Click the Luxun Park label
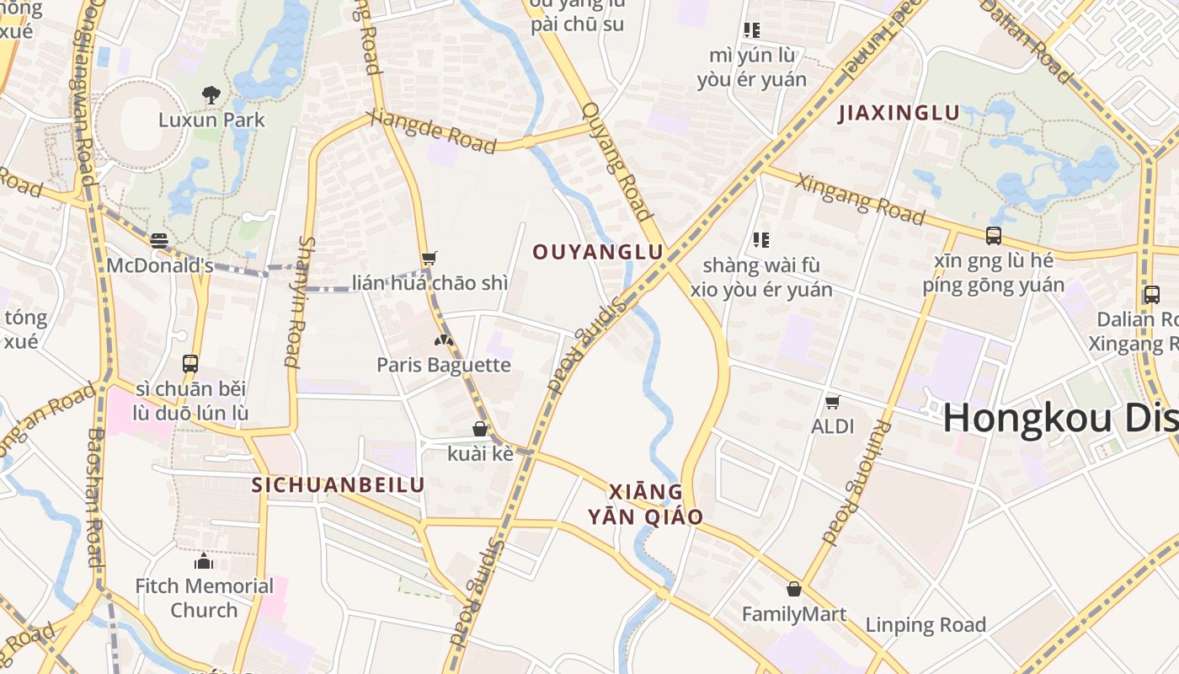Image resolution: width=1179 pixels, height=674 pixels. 211,120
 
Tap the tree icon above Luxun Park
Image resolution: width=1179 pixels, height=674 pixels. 211,94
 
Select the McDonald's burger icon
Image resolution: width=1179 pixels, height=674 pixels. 159,241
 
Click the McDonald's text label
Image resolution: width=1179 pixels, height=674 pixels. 160,265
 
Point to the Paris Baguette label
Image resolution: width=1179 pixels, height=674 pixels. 444,365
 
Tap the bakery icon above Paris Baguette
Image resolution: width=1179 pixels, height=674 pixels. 443,340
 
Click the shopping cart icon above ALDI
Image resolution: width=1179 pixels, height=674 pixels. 833,402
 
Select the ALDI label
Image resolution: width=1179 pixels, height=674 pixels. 833,426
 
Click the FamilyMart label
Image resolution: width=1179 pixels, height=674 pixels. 794,614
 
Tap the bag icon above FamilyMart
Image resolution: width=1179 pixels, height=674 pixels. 793,589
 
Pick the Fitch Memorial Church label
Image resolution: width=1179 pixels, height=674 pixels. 205,597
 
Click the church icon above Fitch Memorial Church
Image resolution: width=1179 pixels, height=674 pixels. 204,561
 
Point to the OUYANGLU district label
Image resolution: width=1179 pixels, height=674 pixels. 598,253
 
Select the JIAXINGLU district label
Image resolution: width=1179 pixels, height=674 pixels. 899,113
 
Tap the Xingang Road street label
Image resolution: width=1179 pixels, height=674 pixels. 860,200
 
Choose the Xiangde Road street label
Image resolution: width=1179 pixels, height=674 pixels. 432,132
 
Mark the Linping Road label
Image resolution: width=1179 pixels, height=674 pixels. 926,625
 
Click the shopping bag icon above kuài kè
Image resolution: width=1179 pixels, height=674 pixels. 480,429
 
